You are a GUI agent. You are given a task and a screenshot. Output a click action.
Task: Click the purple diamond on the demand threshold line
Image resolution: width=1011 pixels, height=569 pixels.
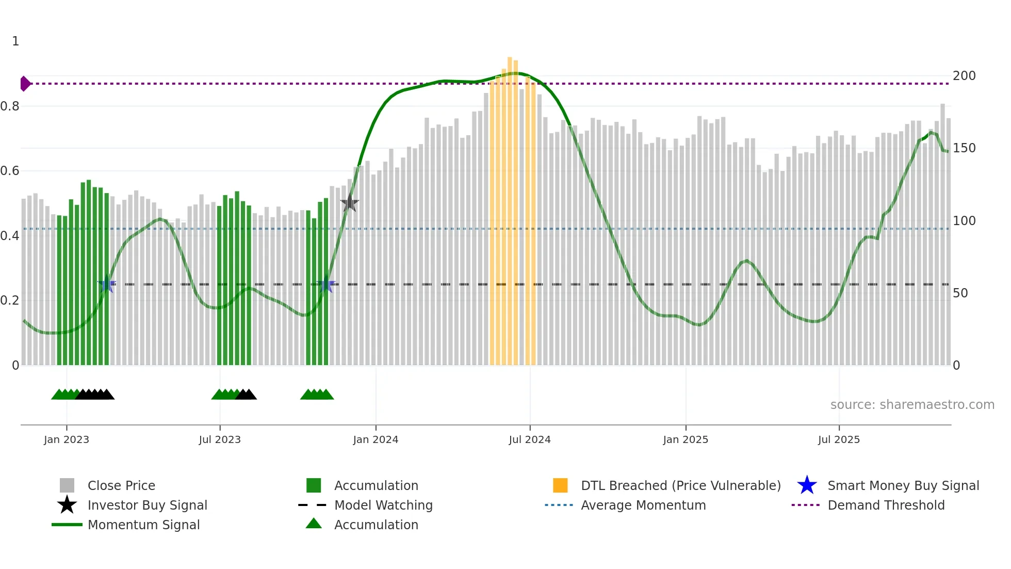25,84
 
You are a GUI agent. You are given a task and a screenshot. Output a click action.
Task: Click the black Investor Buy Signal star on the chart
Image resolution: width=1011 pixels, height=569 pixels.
350,203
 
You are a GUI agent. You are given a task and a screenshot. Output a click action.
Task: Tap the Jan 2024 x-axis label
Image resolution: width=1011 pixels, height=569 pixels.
376,439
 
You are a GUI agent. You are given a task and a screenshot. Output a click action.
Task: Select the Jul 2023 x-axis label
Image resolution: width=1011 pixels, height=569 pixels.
220,439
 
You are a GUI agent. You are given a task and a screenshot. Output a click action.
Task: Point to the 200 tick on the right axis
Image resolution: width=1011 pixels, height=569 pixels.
964,76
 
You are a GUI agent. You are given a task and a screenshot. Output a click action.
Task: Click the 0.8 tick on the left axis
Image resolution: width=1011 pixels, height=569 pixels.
10,106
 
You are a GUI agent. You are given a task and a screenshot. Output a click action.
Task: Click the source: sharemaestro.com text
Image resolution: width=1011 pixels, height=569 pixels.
912,405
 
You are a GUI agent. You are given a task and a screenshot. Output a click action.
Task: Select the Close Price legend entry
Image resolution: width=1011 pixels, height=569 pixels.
121,485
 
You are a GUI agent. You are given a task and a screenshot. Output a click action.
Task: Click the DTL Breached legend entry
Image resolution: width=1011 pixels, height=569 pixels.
680,485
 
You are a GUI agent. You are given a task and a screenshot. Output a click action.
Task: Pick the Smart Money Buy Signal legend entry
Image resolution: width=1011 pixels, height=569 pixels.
903,485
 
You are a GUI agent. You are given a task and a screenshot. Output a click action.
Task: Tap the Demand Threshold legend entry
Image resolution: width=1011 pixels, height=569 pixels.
886,505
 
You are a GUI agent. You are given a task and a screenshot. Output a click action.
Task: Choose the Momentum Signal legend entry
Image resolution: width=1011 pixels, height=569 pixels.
143,525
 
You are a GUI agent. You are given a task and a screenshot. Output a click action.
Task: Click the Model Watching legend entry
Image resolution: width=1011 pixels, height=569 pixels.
383,505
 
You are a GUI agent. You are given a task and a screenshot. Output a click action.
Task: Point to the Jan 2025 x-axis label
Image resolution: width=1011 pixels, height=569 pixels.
686,439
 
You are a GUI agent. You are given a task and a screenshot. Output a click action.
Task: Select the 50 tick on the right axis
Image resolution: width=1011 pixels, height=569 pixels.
960,293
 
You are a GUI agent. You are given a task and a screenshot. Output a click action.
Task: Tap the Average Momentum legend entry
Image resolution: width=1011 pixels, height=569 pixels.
643,505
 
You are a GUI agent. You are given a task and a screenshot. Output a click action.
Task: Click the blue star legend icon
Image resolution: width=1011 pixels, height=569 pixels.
807,485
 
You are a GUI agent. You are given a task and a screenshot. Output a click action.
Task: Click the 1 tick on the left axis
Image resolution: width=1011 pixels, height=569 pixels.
15,41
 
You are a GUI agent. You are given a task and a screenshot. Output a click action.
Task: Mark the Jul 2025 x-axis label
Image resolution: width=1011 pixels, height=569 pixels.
839,439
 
